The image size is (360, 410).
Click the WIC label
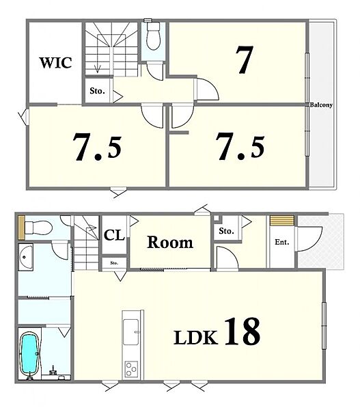(56, 63)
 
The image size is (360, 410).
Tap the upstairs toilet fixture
(153, 36)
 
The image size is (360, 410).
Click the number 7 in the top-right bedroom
(245, 59)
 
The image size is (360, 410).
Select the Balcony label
(321, 105)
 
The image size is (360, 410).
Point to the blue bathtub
(29, 354)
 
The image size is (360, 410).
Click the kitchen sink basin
(130, 331)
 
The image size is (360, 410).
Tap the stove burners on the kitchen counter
(131, 369)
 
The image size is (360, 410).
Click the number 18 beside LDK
(243, 331)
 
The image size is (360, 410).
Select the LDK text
(196, 338)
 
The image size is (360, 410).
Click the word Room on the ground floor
(170, 243)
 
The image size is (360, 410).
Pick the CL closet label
(114, 235)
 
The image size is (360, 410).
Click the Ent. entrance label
(282, 242)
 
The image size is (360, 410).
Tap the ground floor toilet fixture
(38, 227)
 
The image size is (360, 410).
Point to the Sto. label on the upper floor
(97, 91)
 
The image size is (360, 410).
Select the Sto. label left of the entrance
(226, 231)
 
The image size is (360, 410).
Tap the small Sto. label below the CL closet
(114, 263)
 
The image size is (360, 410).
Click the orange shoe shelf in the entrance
(282, 221)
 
